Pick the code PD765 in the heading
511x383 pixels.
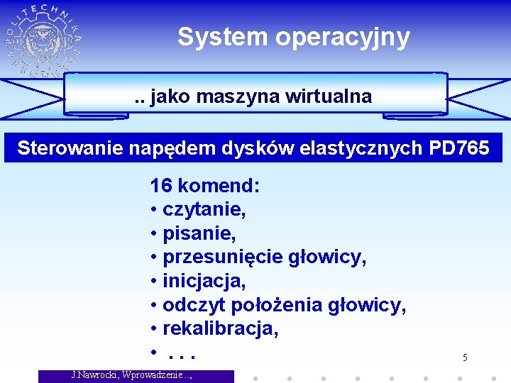click(x=460, y=148)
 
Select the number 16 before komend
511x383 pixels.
click(x=161, y=187)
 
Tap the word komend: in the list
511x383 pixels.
click(x=219, y=187)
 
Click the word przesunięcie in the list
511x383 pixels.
click(x=213, y=258)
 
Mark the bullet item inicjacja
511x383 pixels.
click(x=204, y=282)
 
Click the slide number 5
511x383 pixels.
click(x=465, y=357)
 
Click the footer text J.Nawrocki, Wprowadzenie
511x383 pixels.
click(x=132, y=375)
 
